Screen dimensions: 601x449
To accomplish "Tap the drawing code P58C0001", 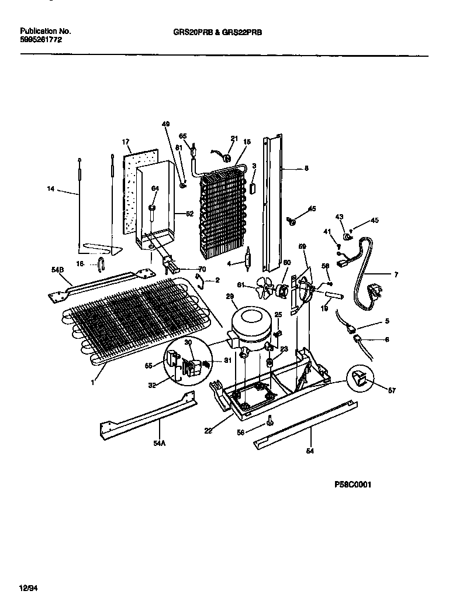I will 353,485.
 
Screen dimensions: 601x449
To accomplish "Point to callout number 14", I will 51,188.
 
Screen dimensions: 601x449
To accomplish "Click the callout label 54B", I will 57,269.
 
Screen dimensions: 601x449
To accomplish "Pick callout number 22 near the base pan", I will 209,431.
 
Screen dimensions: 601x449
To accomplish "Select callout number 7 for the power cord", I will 395,274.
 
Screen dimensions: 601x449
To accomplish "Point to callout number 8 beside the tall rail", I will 306,169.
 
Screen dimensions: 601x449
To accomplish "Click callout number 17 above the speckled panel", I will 125,142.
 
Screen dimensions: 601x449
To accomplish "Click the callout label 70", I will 202,269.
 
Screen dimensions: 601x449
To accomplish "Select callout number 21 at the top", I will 234,138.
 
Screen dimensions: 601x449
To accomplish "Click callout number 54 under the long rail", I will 310,451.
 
